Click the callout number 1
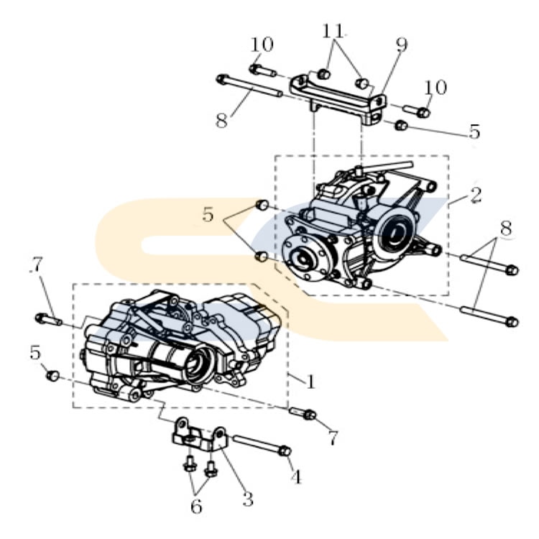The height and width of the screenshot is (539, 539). [310, 382]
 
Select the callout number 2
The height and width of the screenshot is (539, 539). [475, 195]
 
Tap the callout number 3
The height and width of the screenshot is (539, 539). [248, 499]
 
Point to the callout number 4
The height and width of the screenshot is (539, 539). [295, 476]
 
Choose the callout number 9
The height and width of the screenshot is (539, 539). [402, 45]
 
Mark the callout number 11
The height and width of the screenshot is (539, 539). [333, 32]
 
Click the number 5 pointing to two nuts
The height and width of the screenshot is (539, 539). [208, 214]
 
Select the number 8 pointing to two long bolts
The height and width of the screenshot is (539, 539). [506, 229]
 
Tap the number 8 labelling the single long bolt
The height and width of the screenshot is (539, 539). [222, 121]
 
